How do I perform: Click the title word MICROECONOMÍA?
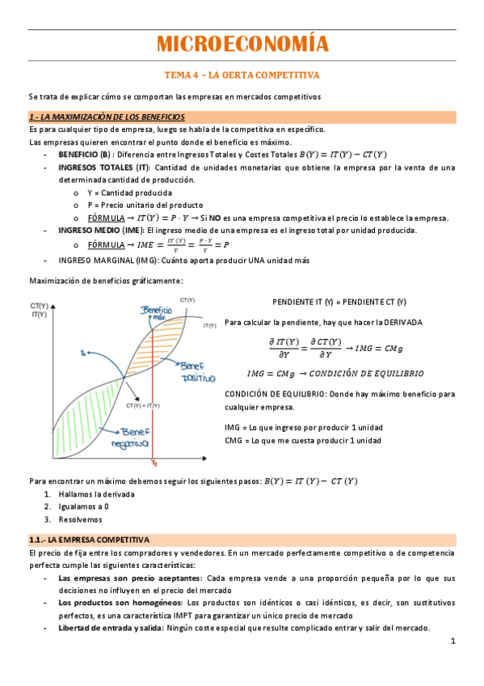coord(242,44)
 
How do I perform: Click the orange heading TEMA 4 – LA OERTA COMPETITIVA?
coord(242,75)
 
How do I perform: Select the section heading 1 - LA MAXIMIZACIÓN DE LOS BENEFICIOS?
coord(107,117)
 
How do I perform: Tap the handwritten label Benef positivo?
coord(197,371)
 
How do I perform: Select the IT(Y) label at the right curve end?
coord(209,325)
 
